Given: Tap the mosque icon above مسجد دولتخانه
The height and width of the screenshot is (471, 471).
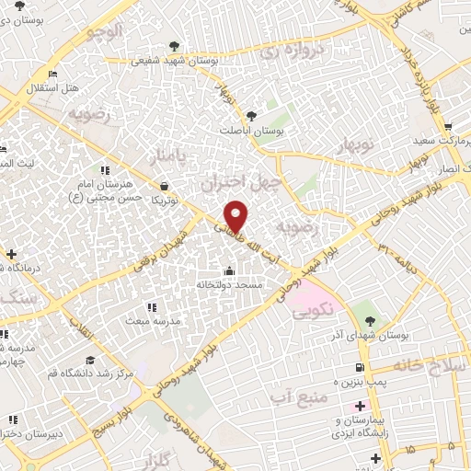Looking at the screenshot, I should coord(229,271).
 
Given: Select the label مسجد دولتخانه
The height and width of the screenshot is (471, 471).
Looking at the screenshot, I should coord(229,285).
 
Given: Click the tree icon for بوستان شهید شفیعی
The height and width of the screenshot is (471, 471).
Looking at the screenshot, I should coord(174,44).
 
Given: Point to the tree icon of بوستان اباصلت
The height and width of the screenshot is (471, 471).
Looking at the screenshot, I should coord(251,116).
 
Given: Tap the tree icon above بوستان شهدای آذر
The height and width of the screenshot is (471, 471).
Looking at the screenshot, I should coord(370,321).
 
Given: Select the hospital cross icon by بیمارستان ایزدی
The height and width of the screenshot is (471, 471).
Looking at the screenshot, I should coord(360,406).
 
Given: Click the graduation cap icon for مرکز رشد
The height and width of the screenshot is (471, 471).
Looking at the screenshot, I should coord(90,360).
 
